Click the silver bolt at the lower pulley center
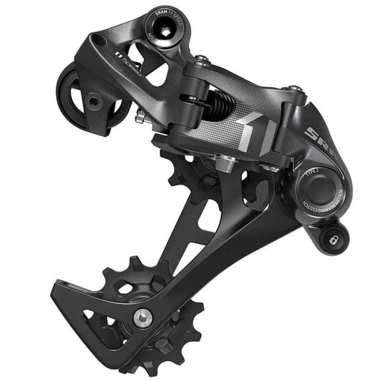click(146, 314)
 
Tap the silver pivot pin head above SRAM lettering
click(292, 90)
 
